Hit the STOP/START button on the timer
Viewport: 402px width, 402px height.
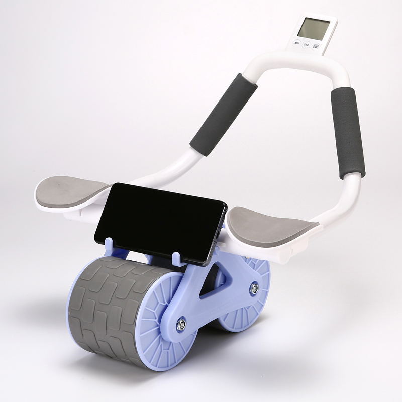click(x=316, y=47)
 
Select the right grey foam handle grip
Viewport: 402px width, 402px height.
click(x=347, y=132)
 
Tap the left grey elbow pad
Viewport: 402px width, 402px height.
click(x=73, y=190)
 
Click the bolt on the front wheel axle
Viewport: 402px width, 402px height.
click(x=181, y=325)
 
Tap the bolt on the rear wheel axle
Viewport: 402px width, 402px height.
click(x=255, y=288)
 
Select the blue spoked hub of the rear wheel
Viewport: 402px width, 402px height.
click(x=241, y=312)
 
